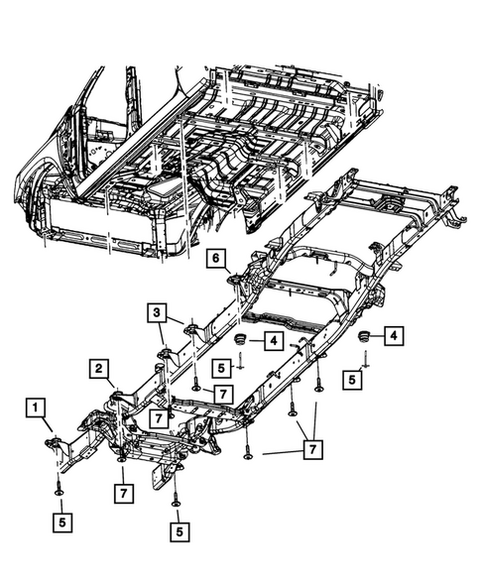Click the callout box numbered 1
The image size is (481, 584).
pyautogui.click(x=35, y=407)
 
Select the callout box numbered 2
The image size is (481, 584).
pyautogui.click(x=101, y=370)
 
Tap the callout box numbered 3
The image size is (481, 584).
pyautogui.click(x=158, y=314)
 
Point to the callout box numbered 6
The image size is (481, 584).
pyautogui.click(x=213, y=259)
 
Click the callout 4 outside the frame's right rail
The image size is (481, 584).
pyautogui.click(x=394, y=337)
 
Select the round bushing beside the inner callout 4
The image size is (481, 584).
pyautogui.click(x=240, y=342)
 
